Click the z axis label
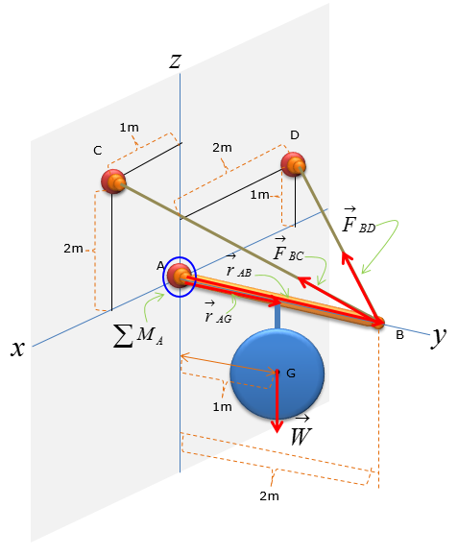[x=176, y=61]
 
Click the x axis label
[x=17, y=349]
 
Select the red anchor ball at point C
[x=113, y=181]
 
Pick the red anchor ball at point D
[x=294, y=164]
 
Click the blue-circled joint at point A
[x=180, y=277]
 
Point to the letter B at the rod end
[x=399, y=335]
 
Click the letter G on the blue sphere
[x=291, y=374]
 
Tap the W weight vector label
[x=301, y=431]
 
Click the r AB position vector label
[x=238, y=266]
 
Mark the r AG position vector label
[x=218, y=312]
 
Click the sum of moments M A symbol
[x=138, y=335]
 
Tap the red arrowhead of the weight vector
[x=277, y=426]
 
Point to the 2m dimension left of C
[x=73, y=249]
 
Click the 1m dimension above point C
[x=129, y=128]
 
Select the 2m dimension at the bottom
[x=269, y=496]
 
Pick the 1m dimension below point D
[x=259, y=195]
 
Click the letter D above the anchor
[x=295, y=135]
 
